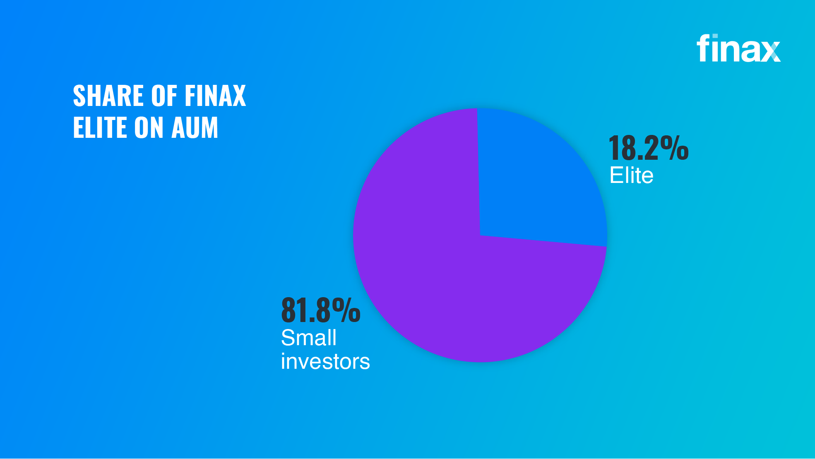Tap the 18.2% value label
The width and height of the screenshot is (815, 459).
649,148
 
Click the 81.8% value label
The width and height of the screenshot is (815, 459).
321,310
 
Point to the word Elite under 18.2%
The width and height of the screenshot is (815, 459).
632,175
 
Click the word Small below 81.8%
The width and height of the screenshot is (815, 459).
309,338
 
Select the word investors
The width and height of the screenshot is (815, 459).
325,362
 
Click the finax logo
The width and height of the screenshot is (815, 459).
738,48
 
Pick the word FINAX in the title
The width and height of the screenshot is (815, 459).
215,96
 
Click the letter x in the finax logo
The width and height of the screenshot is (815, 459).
770,51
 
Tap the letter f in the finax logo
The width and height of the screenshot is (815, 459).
702,48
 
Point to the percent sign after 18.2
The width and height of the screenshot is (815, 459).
675,148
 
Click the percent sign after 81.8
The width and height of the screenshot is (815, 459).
346,310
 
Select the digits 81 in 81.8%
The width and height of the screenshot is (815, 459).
295,310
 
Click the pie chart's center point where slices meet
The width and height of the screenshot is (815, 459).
480,236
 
